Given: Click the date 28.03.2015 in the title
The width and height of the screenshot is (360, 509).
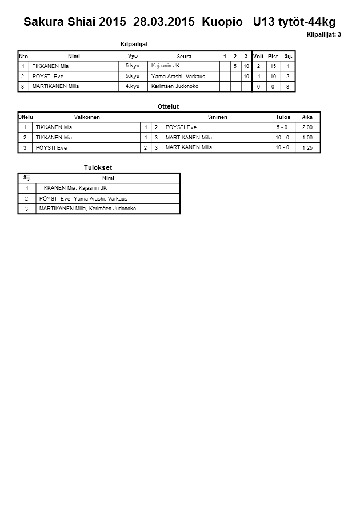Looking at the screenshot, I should pyautogui.click(x=165, y=22).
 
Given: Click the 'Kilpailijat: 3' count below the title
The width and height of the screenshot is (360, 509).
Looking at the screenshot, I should pyautogui.click(x=323, y=35).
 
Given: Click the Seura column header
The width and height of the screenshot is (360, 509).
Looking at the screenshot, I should pyautogui.click(x=184, y=57).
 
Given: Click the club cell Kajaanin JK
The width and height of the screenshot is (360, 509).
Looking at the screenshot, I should pyautogui.click(x=165, y=66).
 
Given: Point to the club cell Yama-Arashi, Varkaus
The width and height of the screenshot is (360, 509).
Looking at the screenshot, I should pyautogui.click(x=178, y=76).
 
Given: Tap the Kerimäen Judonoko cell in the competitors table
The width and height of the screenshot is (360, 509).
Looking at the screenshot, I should pyautogui.click(x=175, y=86).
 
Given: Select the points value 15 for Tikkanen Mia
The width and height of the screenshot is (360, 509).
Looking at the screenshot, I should pyautogui.click(x=274, y=66).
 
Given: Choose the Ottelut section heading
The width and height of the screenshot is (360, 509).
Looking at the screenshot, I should pyautogui.click(x=168, y=106).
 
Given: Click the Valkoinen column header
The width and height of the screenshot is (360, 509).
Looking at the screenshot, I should pyautogui.click(x=87, y=117).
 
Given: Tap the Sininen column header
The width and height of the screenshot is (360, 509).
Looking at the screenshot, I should pyautogui.click(x=217, y=117).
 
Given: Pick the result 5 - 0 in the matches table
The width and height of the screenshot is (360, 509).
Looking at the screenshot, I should pyautogui.click(x=282, y=127).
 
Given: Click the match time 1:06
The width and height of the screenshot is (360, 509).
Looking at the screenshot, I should pyautogui.click(x=307, y=138).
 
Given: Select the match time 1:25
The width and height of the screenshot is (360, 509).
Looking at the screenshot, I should pyautogui.click(x=307, y=148).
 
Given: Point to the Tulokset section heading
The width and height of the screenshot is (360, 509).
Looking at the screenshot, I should pyautogui.click(x=98, y=167).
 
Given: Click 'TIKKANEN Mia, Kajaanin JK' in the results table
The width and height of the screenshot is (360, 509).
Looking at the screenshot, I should pyautogui.click(x=73, y=188).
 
